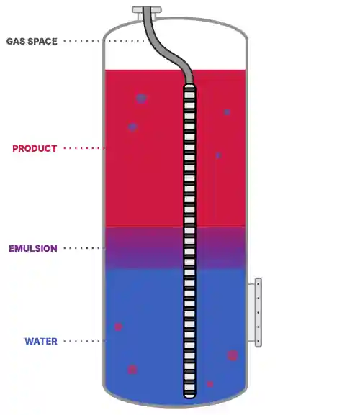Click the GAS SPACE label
coord(32,41)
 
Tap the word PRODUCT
coord(35,148)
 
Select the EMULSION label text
coord(33,249)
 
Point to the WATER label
coord(41,341)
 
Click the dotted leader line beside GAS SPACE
coord(104,41)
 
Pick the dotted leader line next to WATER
coord(84,341)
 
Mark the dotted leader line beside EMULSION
coord(84,248)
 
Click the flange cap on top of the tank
coord(147,10)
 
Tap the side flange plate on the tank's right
coord(258,312)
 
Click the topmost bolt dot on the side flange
coord(258,283)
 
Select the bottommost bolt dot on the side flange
coord(258,341)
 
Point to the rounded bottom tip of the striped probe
coord(189,396)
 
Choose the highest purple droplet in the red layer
coord(141,99)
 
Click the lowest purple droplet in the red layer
coord(219,155)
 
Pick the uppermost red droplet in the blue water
coord(118,327)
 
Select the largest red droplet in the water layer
coord(233,355)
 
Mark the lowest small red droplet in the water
coord(210,384)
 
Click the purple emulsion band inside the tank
coord(148,247)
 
